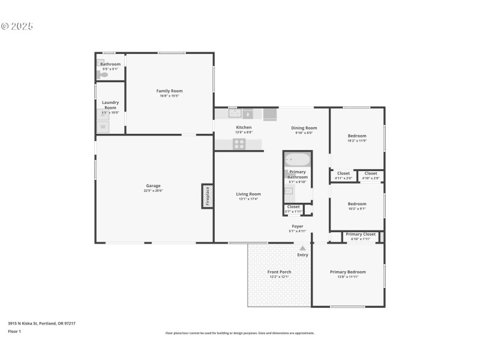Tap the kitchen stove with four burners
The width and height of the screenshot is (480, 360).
(x=239, y=143)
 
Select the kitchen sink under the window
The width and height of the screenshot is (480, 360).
(x=235, y=113)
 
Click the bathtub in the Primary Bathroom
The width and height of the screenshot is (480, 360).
(x=297, y=160)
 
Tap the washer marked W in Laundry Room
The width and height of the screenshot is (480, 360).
(x=103, y=127)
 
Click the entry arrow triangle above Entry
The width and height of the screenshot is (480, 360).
(x=302, y=248)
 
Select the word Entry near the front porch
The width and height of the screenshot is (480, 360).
(x=302, y=255)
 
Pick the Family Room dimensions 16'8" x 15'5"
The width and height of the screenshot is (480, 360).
(x=169, y=96)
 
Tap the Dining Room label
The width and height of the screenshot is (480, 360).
(x=304, y=128)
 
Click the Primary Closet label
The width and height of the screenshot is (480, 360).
(x=361, y=234)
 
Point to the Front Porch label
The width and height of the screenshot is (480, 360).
(x=279, y=272)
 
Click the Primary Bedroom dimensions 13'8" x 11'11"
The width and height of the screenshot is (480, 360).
(x=347, y=277)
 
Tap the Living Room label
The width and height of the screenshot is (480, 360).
(x=248, y=194)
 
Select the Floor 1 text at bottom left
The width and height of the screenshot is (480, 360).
(x=14, y=331)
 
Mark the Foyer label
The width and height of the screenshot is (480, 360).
(x=298, y=226)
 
